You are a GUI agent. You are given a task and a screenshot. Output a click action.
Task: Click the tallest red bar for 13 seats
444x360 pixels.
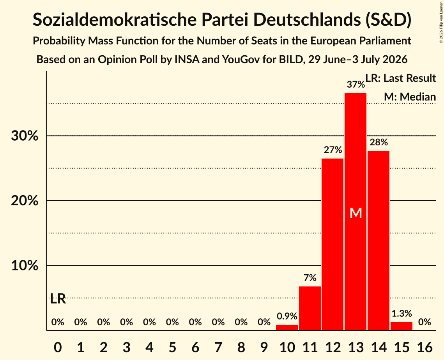pos(356,212)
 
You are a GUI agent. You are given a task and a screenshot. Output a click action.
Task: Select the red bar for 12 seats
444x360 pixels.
pos(333,244)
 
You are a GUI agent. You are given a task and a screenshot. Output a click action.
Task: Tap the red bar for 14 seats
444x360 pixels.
pos(379,240)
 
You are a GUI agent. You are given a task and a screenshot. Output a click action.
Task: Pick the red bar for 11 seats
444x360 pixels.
pos(310,308)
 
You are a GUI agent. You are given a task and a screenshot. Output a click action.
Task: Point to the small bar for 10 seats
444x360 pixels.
pos(287,327)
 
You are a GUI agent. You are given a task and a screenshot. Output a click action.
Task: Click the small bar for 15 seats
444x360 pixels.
pos(402,326)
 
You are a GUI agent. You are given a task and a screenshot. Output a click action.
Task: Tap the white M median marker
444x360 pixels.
pos(356,213)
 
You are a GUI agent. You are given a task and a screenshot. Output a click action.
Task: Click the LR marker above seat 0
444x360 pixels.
pos(58,298)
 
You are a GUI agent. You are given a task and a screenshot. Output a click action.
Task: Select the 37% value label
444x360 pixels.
pos(356,84)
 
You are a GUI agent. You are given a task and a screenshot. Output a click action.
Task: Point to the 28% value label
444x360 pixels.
pos(379,142)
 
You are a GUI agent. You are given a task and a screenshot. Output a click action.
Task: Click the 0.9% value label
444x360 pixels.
pos(287,316)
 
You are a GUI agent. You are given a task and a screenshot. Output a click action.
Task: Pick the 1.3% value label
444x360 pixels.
pos(402,313)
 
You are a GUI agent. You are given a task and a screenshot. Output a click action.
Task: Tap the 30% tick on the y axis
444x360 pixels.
pos(25,136)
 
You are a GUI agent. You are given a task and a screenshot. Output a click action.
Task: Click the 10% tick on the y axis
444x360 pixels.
pos(25,265)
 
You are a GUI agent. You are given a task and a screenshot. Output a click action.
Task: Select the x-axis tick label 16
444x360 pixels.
pos(425,347)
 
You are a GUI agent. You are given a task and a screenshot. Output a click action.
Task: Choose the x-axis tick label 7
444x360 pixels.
pos(218,347)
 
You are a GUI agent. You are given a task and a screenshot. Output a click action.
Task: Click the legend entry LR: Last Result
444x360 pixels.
pos(401,78)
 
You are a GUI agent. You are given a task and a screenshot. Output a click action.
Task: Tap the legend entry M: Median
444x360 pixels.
pos(410,97)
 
